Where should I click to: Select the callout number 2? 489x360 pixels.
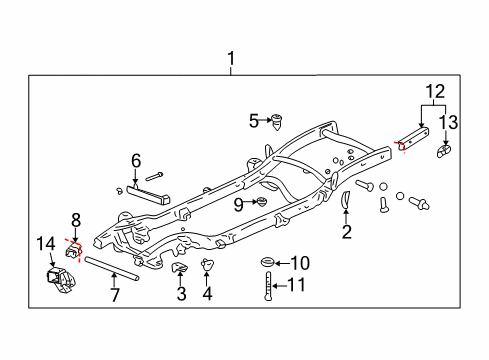346,232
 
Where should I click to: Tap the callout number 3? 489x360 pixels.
181,294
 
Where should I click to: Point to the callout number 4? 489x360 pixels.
209,294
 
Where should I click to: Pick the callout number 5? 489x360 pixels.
254,121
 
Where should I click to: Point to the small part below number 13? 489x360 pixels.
444,151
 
